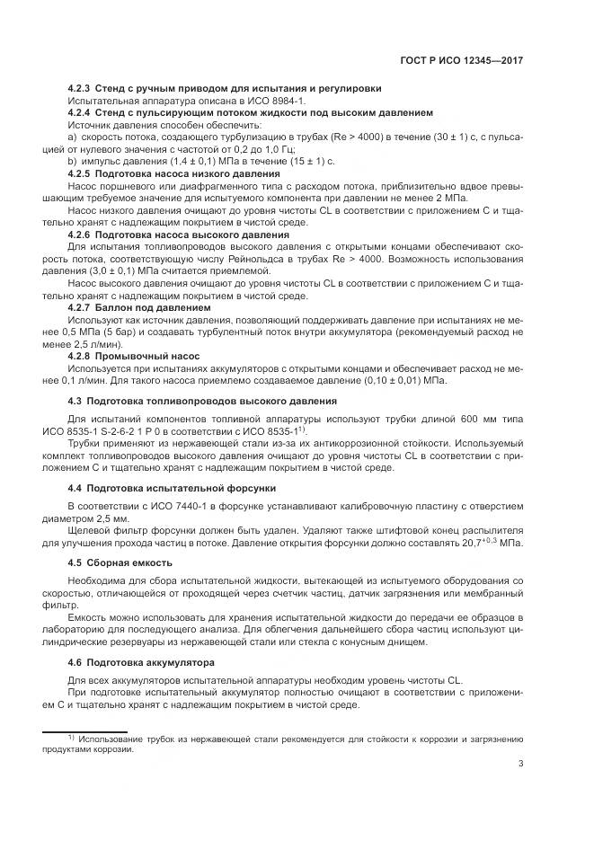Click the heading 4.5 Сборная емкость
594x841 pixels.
[120, 564]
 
